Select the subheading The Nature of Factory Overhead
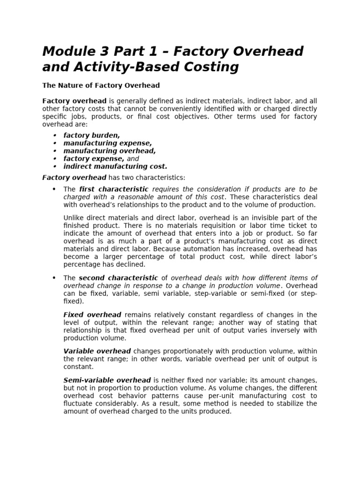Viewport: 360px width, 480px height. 101,85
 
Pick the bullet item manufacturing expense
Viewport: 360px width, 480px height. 107,143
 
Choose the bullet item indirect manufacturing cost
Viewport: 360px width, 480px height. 115,166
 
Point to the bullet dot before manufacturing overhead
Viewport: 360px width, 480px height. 55,151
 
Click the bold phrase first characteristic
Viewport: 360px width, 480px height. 114,189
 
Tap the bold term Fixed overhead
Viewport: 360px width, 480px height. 92,315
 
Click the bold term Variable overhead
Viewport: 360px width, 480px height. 97,351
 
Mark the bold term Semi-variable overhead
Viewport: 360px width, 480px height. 107,380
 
